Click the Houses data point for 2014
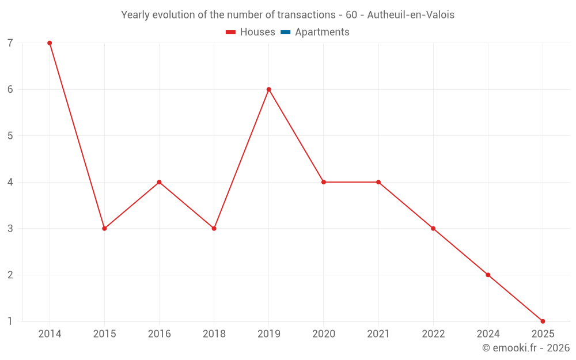(50, 43)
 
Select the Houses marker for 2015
(104, 229)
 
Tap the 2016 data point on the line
(159, 182)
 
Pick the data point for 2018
(214, 229)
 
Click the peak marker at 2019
(269, 89)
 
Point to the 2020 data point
(324, 182)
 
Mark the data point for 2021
(378, 182)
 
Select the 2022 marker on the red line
(433, 229)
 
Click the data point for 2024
(488, 275)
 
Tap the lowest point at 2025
(543, 321)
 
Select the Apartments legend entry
(321, 32)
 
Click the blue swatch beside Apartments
(285, 32)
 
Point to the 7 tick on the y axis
(10, 43)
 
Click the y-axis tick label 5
(10, 136)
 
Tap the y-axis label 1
(10, 321)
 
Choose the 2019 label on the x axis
(269, 334)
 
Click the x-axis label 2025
(543, 334)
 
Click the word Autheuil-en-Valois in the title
(411, 15)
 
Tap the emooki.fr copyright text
(526, 348)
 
